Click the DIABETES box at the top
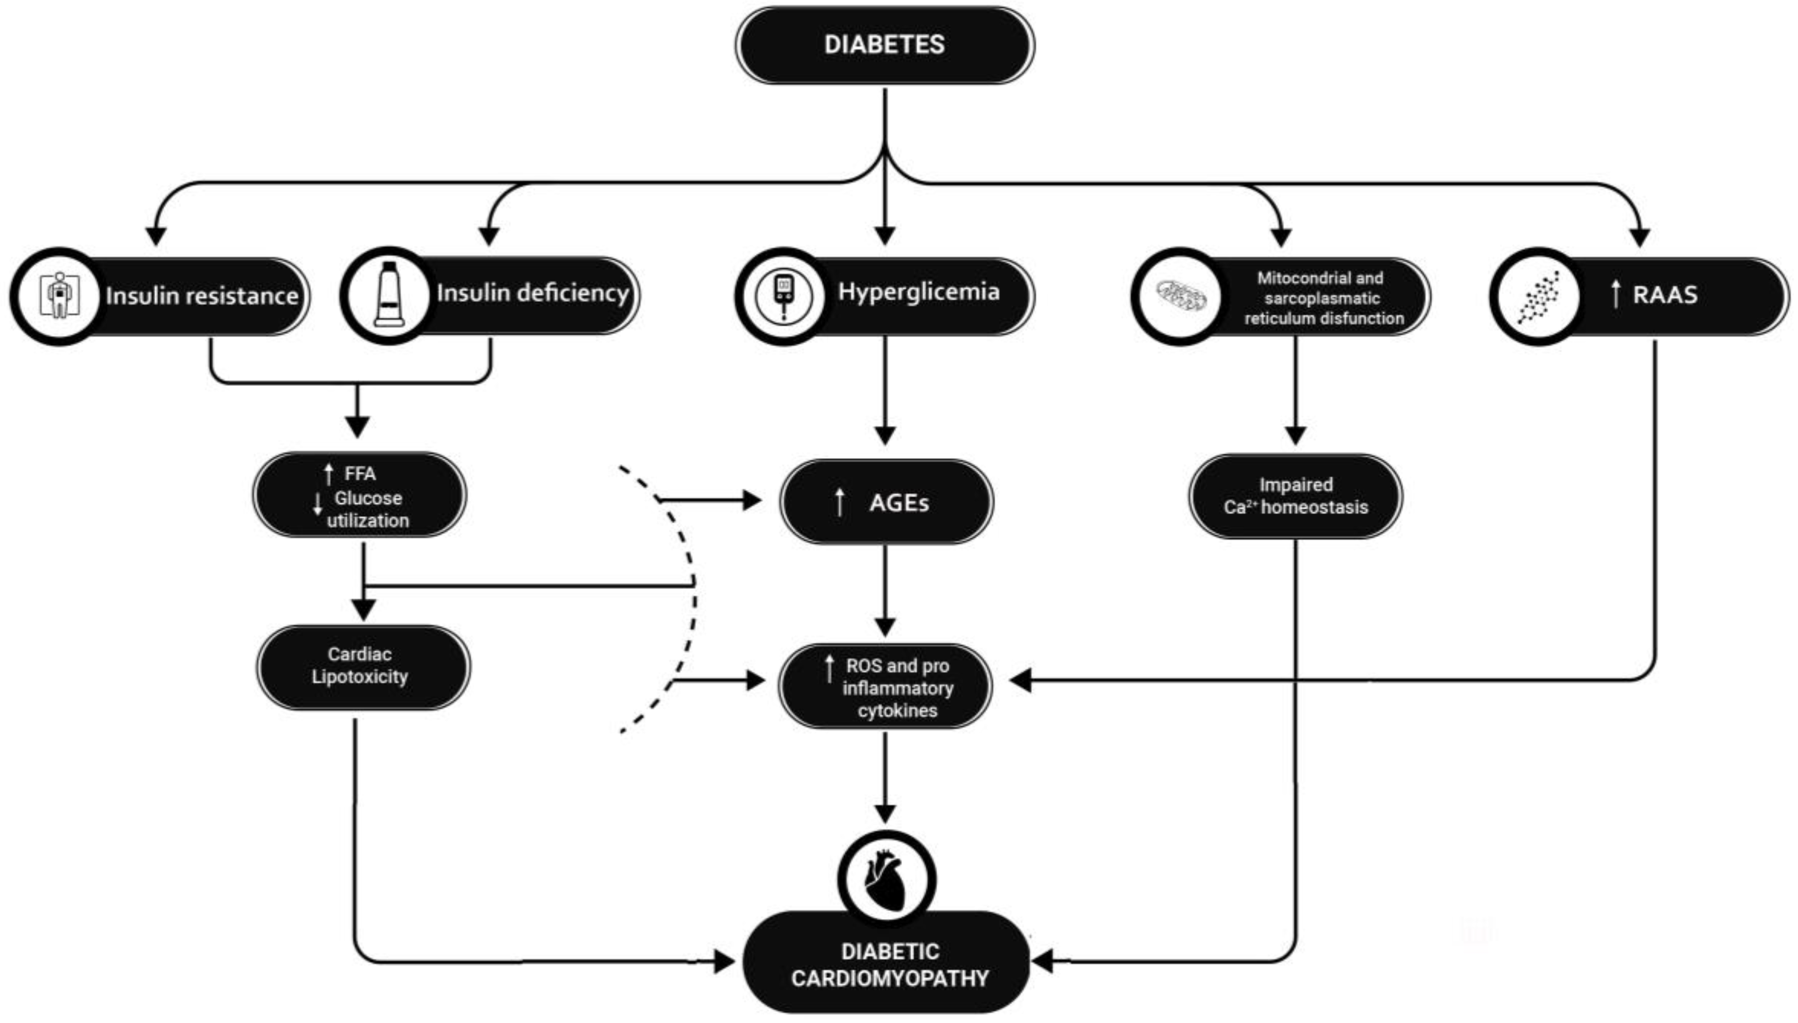pos(884,45)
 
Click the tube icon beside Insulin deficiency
pos(389,295)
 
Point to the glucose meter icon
pos(783,295)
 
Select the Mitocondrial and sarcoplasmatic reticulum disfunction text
pos(1323,298)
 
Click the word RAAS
pos(1665,294)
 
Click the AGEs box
pos(886,502)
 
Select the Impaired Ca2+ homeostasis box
pos(1295,496)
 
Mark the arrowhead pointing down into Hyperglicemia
pos(885,235)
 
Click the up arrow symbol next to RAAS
pos(1615,294)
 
